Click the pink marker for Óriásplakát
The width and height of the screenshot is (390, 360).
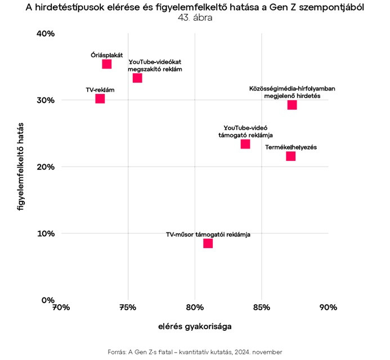coord(107,64)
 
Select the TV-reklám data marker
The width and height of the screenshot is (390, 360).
coord(100,99)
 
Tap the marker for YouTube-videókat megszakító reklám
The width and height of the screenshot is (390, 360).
coord(137,78)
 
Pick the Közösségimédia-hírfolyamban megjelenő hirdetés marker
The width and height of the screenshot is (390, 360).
coord(292,105)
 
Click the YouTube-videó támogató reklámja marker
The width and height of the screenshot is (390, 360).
coord(245,144)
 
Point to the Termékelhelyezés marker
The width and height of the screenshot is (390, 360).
coord(290,156)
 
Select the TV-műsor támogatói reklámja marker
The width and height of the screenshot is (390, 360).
coord(208,244)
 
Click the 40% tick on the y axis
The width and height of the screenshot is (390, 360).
coord(46,34)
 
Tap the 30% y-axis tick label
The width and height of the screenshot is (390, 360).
coord(46,100)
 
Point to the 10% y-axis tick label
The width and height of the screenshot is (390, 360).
coord(46,233)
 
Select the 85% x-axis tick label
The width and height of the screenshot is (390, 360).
coord(262,308)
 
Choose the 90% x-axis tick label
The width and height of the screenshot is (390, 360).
coord(328,308)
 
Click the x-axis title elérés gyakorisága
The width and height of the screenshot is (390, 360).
coord(195,326)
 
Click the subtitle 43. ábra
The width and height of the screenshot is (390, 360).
coord(195,17)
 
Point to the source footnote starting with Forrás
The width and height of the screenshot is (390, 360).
coord(195,352)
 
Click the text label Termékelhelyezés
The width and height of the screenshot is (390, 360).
coord(292,147)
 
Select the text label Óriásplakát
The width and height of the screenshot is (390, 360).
coord(106,55)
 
